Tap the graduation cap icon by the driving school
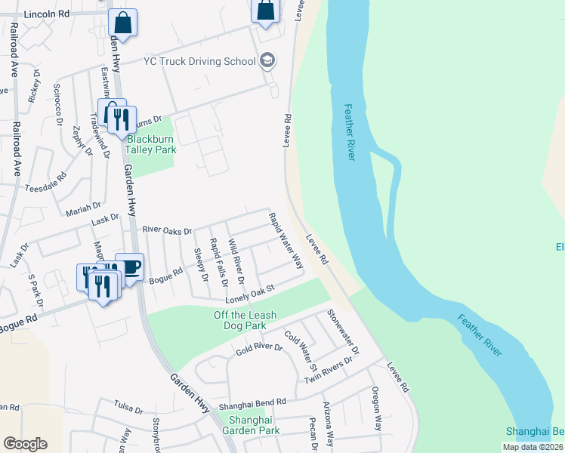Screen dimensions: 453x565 click(x=267, y=60)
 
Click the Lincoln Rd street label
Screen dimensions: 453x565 click(x=47, y=14)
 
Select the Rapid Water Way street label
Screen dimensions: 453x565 click(x=286, y=241)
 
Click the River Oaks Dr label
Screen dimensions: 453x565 click(x=167, y=230)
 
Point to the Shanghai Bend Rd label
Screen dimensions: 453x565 click(x=253, y=404)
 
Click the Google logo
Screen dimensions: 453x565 click(x=25, y=444)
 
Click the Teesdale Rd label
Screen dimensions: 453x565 click(x=46, y=181)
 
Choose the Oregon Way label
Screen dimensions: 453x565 click(x=375, y=408)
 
